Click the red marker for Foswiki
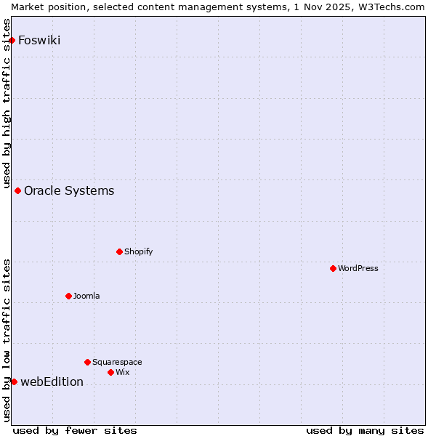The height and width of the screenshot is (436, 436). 12,40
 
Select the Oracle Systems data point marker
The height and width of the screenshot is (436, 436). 18,190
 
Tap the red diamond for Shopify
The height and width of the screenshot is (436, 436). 119,251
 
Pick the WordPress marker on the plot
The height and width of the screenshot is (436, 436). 333,268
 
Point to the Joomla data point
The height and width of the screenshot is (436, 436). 68,296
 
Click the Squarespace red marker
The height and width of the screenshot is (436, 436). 87,362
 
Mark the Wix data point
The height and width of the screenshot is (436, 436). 110,372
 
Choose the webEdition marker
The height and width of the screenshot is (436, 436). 14,381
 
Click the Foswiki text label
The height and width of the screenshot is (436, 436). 39,40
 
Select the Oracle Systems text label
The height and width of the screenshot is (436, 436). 69,190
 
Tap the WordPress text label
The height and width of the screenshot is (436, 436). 358,268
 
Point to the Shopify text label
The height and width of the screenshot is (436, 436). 138,251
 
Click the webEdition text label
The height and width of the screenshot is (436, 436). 52,381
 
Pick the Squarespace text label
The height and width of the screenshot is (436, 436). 117,362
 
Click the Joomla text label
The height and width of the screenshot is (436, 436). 86,296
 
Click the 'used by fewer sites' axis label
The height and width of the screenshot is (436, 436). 75,430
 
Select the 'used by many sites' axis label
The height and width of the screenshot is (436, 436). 365,430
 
